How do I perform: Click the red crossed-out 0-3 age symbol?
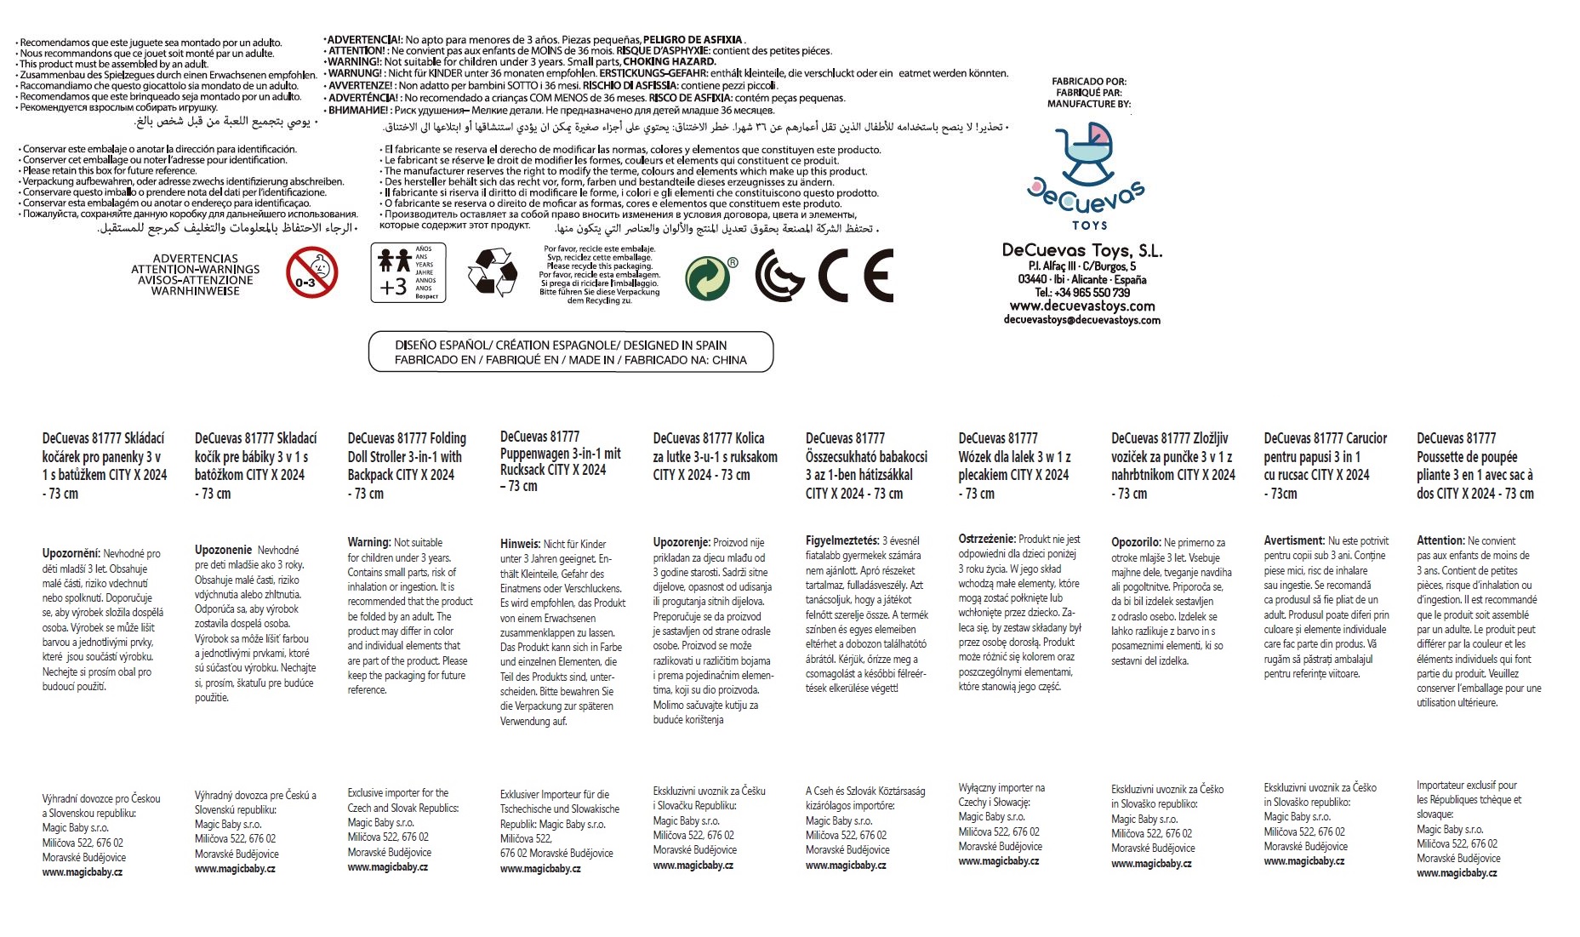pyautogui.click(x=311, y=273)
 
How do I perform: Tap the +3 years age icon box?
pyautogui.click(x=407, y=272)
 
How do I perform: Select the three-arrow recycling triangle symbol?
pyautogui.click(x=493, y=272)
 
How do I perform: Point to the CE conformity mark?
pyautogui.click(x=855, y=276)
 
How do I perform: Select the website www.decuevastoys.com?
pyautogui.click(x=1082, y=306)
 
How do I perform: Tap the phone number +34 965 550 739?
pyautogui.click(x=1082, y=292)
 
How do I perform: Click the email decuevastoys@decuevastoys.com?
pyautogui.click(x=1082, y=320)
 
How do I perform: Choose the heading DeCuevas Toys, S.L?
pyautogui.click(x=1082, y=250)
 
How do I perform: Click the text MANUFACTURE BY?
pyautogui.click(x=1089, y=104)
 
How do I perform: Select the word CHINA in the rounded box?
pyautogui.click(x=729, y=360)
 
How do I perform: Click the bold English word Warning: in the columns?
pyautogui.click(x=368, y=542)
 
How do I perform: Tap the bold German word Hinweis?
pyautogui.click(x=520, y=544)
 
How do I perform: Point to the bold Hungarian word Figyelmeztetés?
pyautogui.click(x=841, y=540)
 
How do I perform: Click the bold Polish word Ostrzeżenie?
pyautogui.click(x=987, y=539)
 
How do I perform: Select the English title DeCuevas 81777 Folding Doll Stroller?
pyautogui.click(x=407, y=448)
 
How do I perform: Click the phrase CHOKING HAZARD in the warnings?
pyautogui.click(x=670, y=61)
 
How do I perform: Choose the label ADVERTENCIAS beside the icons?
pyautogui.click(x=196, y=259)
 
